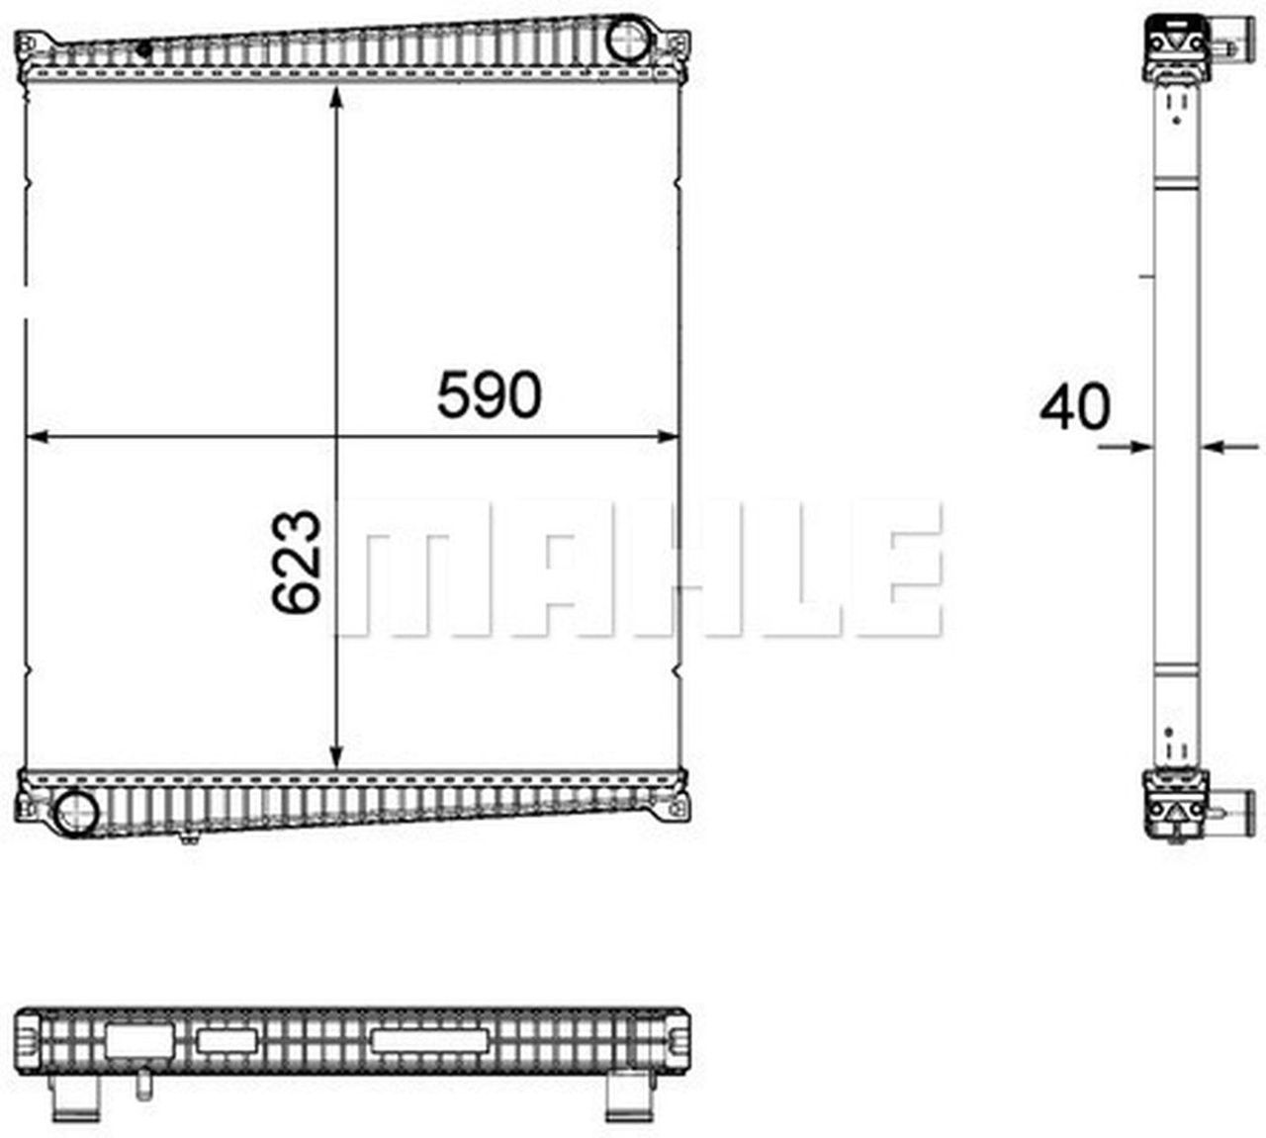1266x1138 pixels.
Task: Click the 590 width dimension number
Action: [x=490, y=395]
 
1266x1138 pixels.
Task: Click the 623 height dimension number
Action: [x=297, y=562]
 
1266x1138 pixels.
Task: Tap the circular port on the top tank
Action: [x=629, y=40]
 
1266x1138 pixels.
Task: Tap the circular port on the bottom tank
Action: [x=76, y=813]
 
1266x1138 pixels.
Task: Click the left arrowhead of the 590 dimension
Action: [x=39, y=437]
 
